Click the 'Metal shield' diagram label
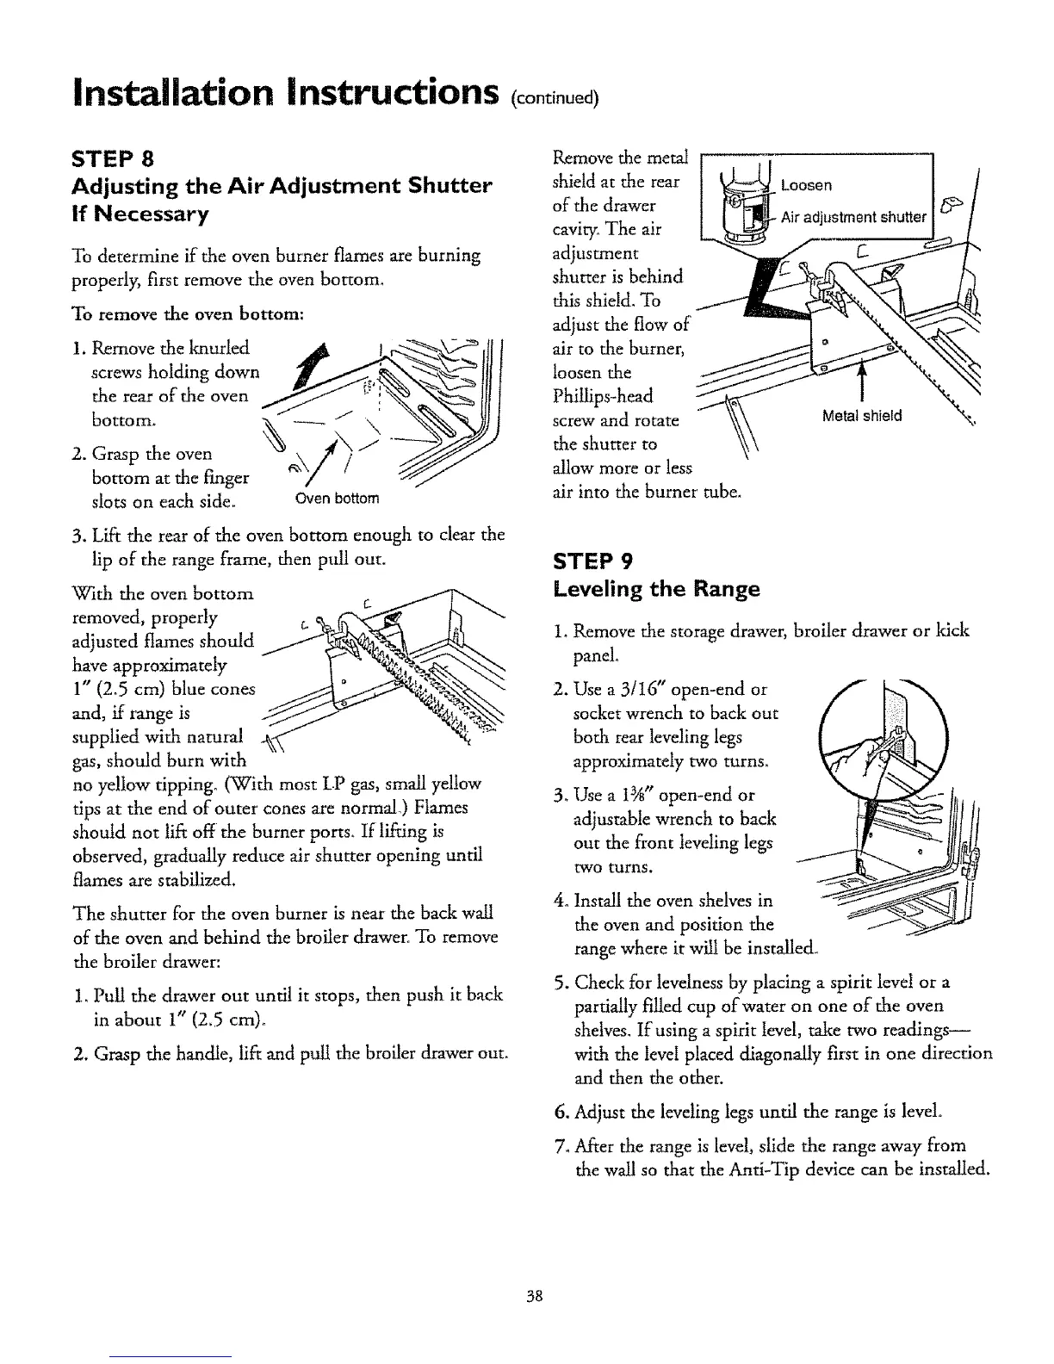click(x=862, y=416)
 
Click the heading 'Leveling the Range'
click(x=655, y=589)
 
